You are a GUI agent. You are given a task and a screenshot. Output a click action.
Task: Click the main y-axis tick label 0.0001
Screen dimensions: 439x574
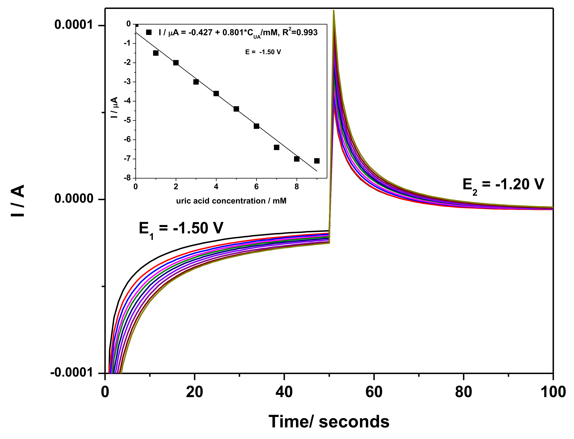click(x=74, y=25)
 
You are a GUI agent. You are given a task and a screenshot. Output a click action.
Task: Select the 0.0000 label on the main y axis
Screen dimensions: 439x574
click(x=74, y=199)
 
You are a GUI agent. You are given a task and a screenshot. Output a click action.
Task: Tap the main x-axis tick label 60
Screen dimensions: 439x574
click(x=374, y=392)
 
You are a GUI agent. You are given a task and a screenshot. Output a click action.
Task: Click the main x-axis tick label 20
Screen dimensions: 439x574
click(x=194, y=392)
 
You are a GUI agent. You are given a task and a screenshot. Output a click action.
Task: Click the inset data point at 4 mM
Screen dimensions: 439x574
click(x=216, y=94)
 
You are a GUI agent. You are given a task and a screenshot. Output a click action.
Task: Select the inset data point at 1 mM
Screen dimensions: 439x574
click(x=156, y=53)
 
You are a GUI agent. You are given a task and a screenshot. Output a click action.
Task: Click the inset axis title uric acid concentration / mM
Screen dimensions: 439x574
click(x=231, y=201)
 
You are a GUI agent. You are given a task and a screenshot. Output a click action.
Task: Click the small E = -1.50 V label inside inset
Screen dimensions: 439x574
click(x=263, y=52)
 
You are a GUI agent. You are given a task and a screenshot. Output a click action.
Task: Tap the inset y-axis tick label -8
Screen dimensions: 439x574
click(x=128, y=178)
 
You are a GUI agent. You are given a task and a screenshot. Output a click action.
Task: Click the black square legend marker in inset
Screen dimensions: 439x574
click(x=149, y=32)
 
